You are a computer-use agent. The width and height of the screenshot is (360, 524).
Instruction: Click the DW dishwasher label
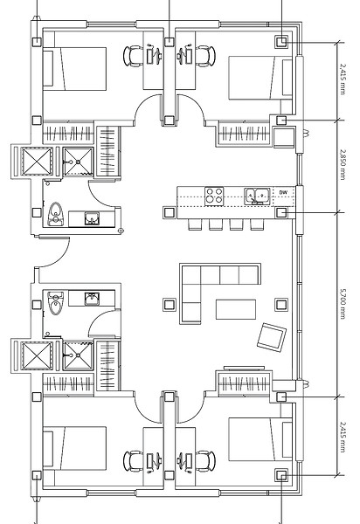tap(283, 192)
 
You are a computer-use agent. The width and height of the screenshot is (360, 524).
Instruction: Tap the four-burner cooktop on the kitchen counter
tap(214, 196)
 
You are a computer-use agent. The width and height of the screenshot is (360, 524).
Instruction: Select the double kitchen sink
tap(257, 196)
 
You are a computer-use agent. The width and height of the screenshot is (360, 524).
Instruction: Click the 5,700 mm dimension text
tap(343, 304)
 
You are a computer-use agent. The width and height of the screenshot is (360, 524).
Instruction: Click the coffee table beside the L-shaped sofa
tap(236, 309)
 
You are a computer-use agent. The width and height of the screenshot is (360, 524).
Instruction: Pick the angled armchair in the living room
tap(272, 337)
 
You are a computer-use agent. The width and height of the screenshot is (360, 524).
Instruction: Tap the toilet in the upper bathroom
tap(55, 214)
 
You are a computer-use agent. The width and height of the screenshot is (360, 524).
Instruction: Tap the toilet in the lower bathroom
tap(55, 303)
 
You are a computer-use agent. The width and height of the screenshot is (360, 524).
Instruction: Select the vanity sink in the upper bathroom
tap(91, 218)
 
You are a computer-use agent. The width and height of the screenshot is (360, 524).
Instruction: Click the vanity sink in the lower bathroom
tap(91, 299)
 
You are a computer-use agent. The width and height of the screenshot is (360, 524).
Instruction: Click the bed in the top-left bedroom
tap(74, 69)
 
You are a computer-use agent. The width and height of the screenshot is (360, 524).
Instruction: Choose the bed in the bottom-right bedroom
tap(260, 439)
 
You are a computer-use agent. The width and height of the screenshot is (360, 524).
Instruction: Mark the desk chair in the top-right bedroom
tap(205, 56)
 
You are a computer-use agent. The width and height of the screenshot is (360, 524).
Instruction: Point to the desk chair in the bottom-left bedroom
tap(133, 461)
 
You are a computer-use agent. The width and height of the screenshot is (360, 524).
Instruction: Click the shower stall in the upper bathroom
tap(79, 162)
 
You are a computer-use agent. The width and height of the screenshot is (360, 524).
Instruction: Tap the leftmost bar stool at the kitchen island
tap(195, 224)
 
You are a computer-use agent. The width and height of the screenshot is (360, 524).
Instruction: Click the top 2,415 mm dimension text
tap(343, 79)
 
